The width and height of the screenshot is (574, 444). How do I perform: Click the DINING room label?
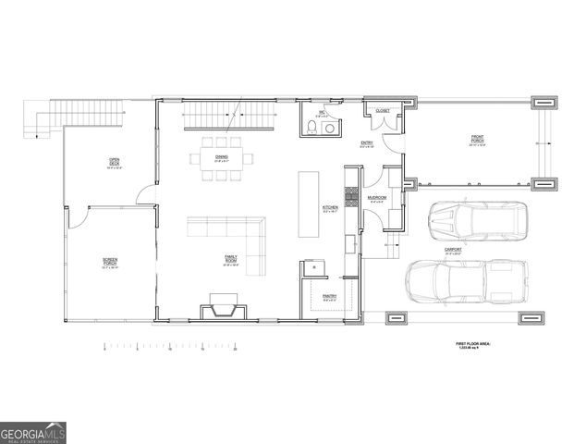pos(222,157)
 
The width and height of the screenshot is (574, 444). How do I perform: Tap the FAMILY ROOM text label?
pos(231,259)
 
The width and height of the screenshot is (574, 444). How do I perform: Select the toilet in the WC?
pos(311,129)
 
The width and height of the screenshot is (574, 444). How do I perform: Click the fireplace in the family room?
pos(222,304)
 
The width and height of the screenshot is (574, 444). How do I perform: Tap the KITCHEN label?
pos(330,208)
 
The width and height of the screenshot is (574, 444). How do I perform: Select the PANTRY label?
pos(329,296)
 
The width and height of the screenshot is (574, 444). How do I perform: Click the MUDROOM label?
pos(376,198)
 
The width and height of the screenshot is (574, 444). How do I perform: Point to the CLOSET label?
pos(383,111)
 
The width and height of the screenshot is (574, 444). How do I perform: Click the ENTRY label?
pos(366,143)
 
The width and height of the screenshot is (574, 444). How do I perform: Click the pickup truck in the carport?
pos(468,281)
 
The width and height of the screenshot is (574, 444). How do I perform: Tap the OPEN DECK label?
pos(114,166)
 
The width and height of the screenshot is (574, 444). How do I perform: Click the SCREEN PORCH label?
pos(109,264)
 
